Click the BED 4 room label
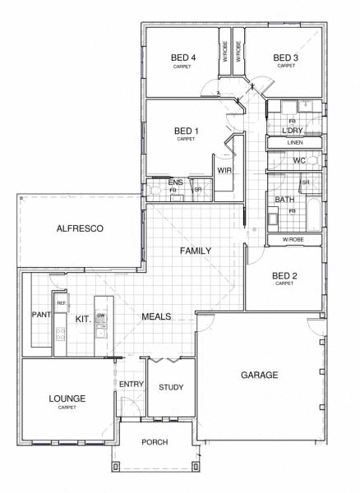pos(182,58)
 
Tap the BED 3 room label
pos(285,58)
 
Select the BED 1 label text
pos(187,131)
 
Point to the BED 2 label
pos(284,275)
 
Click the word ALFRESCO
pos(79,229)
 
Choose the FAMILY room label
pos(196,251)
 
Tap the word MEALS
pos(156,316)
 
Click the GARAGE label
pos(259,375)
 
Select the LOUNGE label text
pos(67,399)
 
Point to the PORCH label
pos(154,442)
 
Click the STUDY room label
pos(171,388)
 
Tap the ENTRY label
pos(132,384)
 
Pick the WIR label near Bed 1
pos(223,171)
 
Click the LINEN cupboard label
pos(295,143)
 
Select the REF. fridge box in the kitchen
pos(62,303)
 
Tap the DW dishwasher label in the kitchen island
pos(101,316)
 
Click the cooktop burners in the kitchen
pos(60,334)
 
